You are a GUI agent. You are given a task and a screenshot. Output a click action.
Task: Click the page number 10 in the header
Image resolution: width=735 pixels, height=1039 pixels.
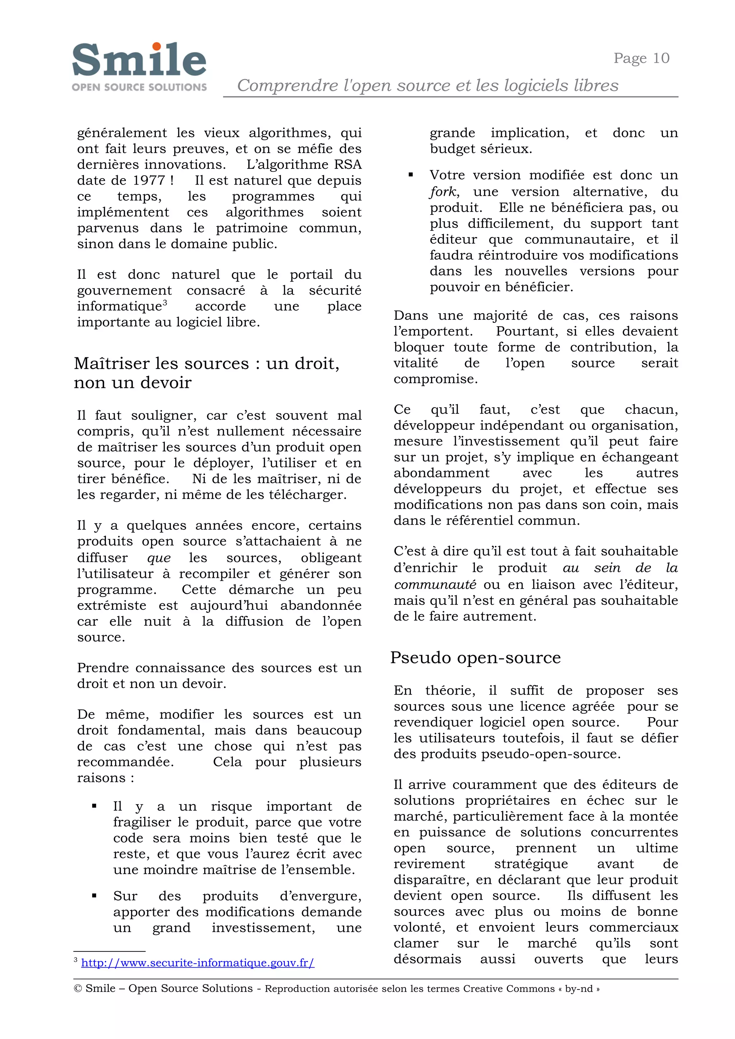661,58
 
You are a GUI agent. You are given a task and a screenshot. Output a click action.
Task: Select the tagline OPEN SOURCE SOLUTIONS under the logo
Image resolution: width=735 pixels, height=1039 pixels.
139,87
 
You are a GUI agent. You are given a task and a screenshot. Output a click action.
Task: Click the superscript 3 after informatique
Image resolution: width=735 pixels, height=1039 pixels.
165,302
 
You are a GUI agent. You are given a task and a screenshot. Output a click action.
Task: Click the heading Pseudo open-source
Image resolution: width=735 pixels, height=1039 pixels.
475,657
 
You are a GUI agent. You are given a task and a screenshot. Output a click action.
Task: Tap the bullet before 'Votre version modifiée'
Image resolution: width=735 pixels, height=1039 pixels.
411,175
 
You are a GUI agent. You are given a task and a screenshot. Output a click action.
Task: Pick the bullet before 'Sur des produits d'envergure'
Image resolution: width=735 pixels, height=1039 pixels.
94,895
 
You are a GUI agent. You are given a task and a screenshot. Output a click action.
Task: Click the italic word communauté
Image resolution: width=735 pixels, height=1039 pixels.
435,585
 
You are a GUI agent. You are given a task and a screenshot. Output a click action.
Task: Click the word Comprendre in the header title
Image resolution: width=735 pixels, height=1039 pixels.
287,85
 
